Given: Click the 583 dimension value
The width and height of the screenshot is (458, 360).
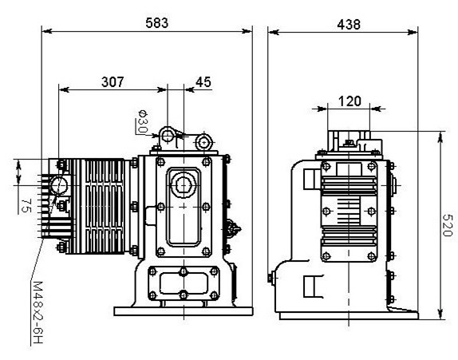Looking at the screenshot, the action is [157, 23].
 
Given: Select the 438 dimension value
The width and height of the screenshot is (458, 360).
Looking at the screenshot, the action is [349, 25].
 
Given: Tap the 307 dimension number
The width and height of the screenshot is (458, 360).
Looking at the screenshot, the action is [113, 82].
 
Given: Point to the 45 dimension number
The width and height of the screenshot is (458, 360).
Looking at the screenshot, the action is [203, 82].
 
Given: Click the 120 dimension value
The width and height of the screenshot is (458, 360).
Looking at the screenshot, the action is [350, 101].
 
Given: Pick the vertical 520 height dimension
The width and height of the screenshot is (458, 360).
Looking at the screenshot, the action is [448, 225].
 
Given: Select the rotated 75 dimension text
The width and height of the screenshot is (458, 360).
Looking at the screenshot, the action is [26, 205].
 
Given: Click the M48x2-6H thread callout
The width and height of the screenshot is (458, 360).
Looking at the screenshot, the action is [38, 312].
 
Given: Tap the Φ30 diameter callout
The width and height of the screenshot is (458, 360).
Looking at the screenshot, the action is [143, 121].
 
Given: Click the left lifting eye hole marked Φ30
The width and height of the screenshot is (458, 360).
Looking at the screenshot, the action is [168, 136].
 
